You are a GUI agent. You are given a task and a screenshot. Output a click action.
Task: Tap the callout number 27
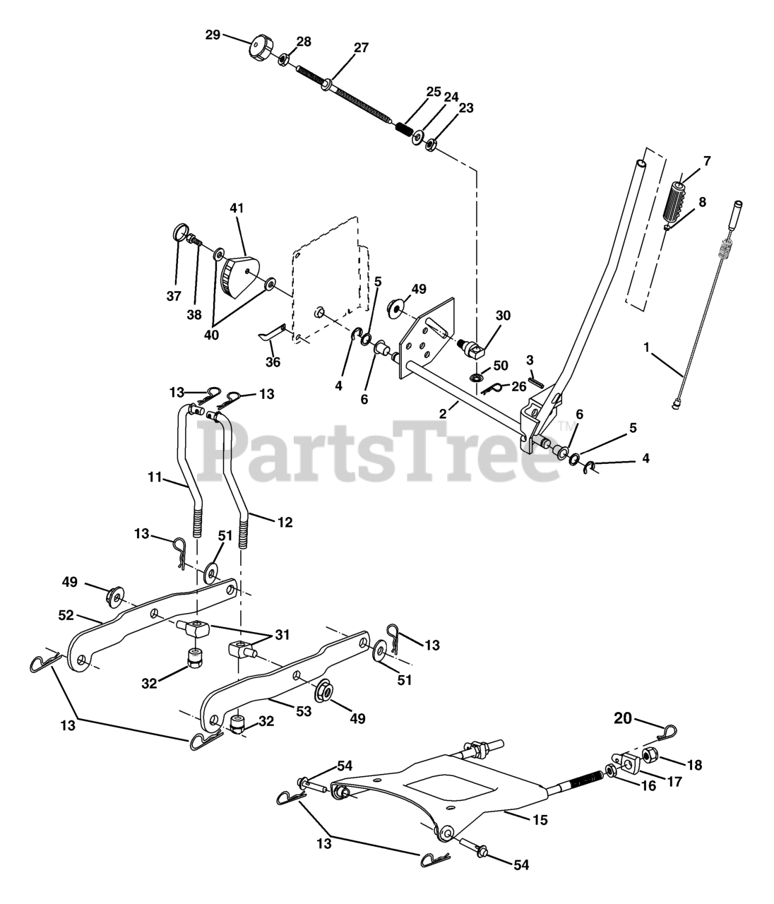[x=361, y=48]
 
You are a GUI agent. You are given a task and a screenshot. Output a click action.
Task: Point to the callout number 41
[x=237, y=208]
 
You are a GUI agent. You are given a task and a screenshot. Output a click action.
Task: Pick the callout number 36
[x=273, y=362]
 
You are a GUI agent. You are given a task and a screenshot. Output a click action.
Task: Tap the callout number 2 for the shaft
[x=443, y=414]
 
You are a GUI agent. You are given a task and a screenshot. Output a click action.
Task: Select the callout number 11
[x=155, y=478]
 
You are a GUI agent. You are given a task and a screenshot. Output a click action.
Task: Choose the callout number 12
[x=285, y=523]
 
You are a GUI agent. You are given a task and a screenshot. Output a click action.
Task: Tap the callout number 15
[x=541, y=820]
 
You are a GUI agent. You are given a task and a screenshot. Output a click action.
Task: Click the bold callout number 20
[x=622, y=718]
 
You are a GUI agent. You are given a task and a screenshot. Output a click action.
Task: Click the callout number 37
[x=174, y=296]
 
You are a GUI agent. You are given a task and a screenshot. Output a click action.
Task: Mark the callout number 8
[x=702, y=201]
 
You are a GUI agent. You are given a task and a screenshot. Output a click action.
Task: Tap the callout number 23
[x=465, y=108]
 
